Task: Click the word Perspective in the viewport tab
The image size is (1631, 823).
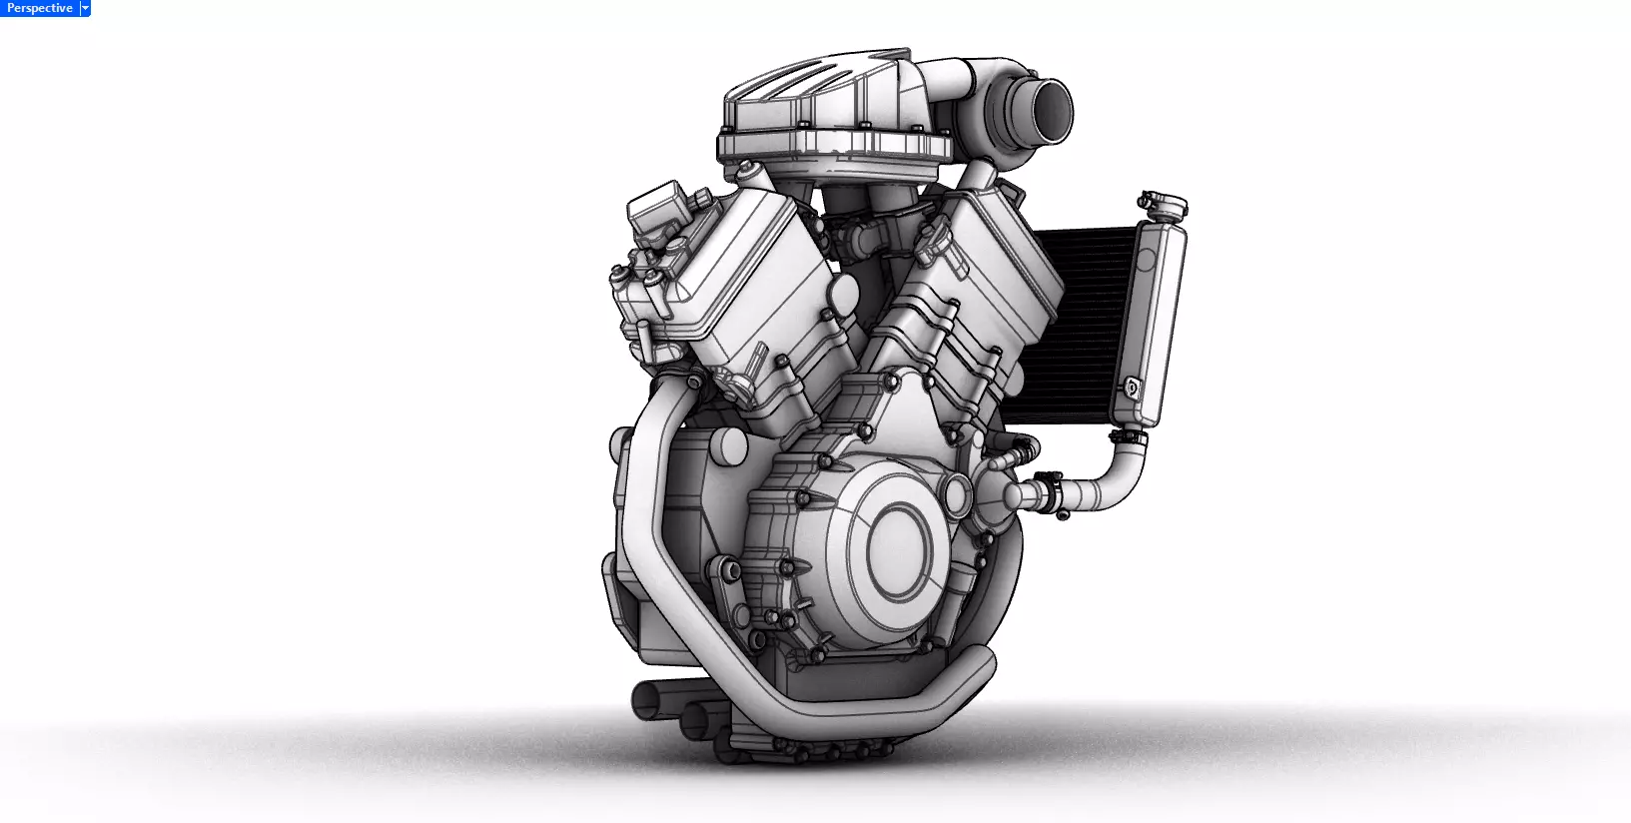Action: [39, 8]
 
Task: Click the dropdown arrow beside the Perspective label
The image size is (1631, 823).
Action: [85, 8]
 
